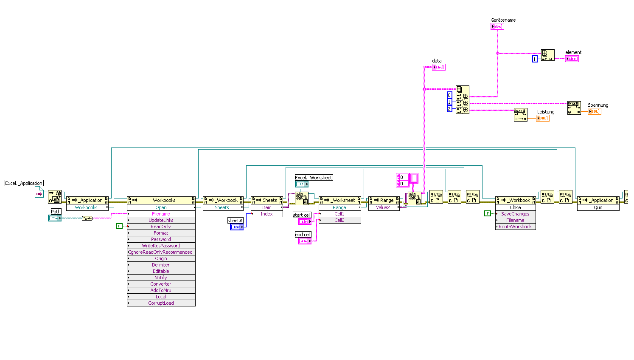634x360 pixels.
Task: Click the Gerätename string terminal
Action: point(497,26)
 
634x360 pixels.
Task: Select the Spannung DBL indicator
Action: point(594,111)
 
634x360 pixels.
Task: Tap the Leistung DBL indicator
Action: point(543,118)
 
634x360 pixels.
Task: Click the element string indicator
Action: point(572,59)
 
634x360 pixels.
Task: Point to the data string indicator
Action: point(438,67)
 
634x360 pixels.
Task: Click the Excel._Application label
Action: point(24,183)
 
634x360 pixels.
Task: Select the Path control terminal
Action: point(55,218)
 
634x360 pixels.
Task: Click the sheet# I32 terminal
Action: point(236,227)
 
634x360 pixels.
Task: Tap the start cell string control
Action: point(304,221)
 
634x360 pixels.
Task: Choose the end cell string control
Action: point(304,241)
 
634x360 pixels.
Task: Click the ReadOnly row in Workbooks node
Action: point(161,227)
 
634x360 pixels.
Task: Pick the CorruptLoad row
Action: point(161,303)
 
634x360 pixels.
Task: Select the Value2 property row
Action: point(383,207)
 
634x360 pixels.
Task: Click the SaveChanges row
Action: point(515,214)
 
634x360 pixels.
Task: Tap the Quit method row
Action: point(598,207)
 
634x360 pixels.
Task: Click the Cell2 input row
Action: point(339,220)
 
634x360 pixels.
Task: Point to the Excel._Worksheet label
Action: point(314,178)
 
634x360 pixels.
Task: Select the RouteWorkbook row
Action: point(515,227)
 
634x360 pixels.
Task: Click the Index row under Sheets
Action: point(267,214)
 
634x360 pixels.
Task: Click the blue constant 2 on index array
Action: point(449,109)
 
